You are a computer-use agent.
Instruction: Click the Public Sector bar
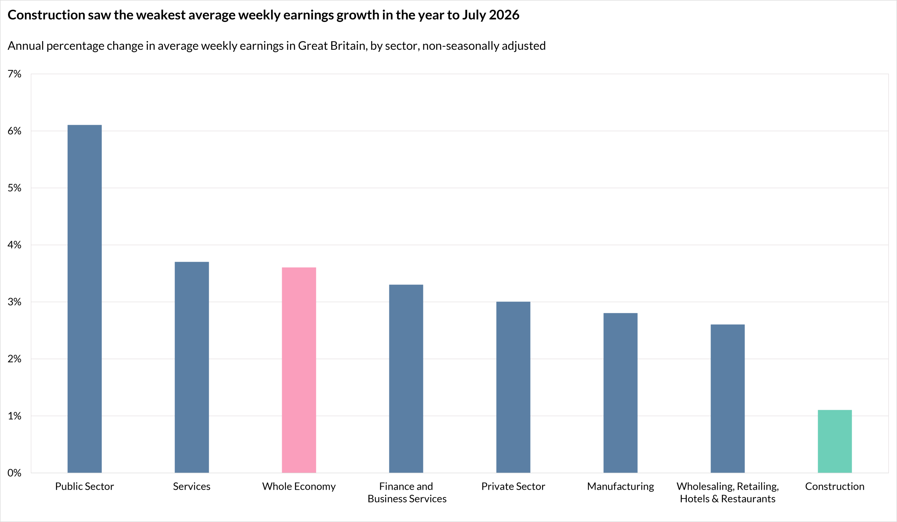[84, 299]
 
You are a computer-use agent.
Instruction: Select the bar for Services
[192, 367]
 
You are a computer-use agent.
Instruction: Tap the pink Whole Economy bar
[299, 370]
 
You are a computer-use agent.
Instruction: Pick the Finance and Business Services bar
[406, 379]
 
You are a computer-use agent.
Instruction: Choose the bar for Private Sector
[513, 387]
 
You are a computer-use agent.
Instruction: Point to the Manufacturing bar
[621, 393]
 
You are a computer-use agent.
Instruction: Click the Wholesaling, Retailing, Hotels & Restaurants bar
[727, 399]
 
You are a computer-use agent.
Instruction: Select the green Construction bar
[835, 441]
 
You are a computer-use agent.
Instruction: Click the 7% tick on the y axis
[15, 74]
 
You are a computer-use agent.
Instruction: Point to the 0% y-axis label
[15, 473]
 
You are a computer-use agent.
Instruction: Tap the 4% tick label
[15, 245]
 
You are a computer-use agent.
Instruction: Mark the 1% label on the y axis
[15, 416]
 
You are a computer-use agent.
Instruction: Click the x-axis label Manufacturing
[621, 486]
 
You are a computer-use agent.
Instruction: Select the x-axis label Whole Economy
[299, 486]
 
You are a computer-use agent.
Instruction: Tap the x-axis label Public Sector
[84, 486]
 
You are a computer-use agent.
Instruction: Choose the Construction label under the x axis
[835, 486]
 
